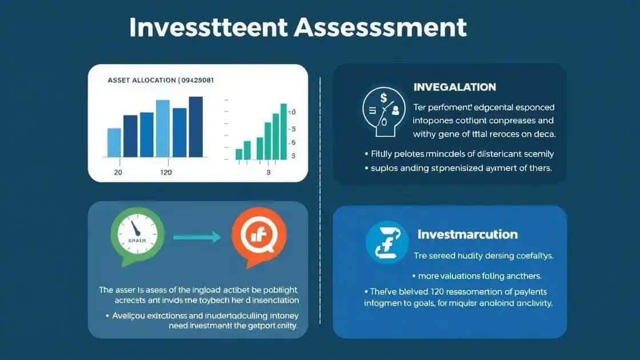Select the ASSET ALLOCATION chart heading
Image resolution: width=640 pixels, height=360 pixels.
[142, 80]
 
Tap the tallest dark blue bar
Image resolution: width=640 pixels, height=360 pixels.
[196, 127]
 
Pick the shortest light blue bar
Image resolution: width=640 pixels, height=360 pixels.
[114, 142]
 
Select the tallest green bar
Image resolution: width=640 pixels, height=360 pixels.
[283, 131]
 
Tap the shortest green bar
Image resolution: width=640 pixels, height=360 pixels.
[239, 154]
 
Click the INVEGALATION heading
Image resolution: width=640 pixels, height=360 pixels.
[454, 87]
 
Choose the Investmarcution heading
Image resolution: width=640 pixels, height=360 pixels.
[467, 234]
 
